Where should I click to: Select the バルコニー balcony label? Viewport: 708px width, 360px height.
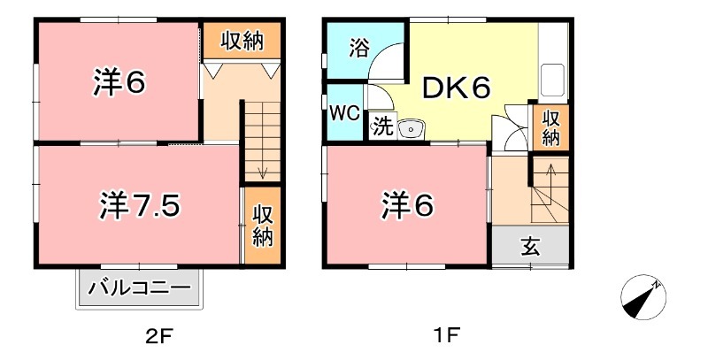click(139, 288)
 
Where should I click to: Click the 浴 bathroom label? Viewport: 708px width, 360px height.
click(358, 47)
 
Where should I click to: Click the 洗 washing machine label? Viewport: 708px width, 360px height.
click(381, 126)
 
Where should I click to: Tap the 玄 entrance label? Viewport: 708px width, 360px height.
click(530, 247)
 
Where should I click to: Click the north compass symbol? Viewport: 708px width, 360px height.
click(643, 296)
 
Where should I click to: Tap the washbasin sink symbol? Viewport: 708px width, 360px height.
click(412, 129)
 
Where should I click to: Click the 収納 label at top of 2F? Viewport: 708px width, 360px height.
click(242, 40)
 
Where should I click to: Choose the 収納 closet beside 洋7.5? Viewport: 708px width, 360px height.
click(262, 225)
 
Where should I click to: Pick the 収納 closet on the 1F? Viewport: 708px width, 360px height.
click(550, 127)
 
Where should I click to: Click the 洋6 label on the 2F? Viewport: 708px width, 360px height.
click(118, 82)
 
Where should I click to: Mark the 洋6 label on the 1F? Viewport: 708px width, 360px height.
click(407, 205)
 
